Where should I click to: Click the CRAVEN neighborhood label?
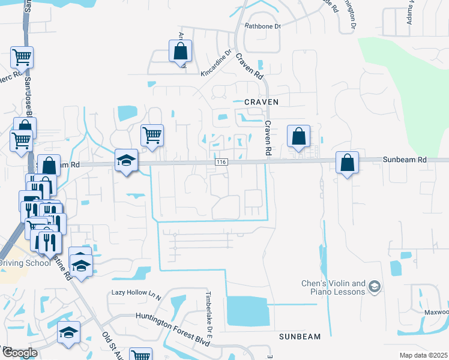point(261,103)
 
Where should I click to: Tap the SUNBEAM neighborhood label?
point(300,337)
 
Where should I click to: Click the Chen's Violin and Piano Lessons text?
point(333,287)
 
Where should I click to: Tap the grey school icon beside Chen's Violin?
point(375,287)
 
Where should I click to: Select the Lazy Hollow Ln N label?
point(137,293)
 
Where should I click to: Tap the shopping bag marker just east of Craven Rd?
point(298,136)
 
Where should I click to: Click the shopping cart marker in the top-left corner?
point(22,58)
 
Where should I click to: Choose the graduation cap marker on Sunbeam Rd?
point(127,160)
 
